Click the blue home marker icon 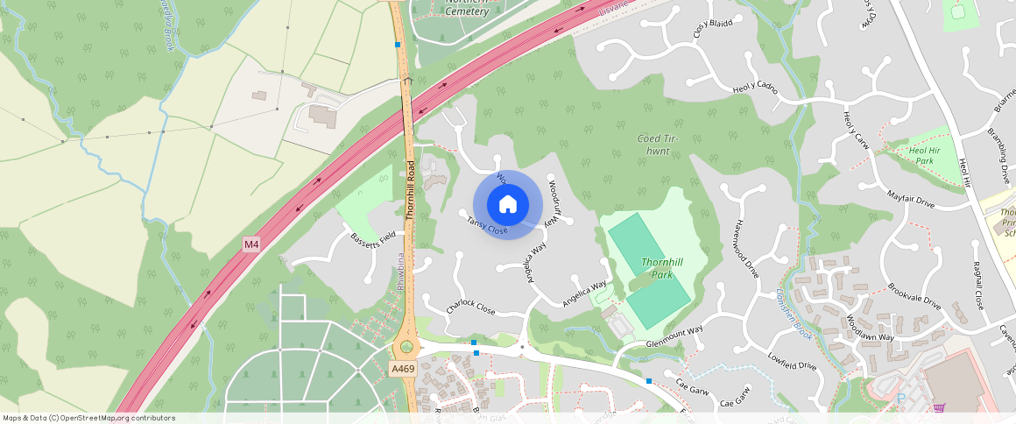point(508,205)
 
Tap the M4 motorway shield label point(251,244)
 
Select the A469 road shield point(403,369)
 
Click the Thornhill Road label point(409,189)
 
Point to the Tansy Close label point(487,225)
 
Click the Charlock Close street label point(470,307)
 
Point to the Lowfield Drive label point(792,360)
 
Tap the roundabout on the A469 point(406,347)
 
